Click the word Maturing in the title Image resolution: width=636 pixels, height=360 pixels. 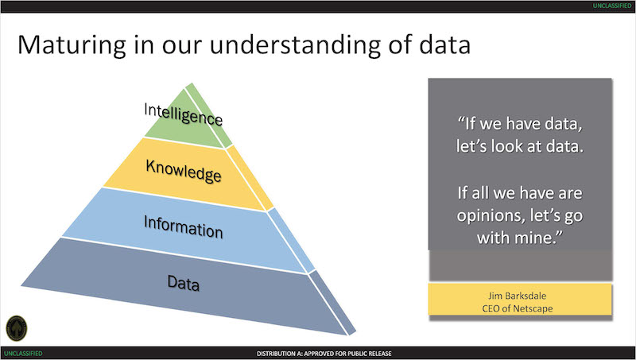pyautogui.click(x=72, y=45)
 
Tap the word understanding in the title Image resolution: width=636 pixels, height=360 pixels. pyautogui.click(x=295, y=45)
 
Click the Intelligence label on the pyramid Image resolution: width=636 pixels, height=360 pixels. pyautogui.click(x=184, y=114)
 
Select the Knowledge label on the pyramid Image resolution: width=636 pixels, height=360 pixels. pyautogui.click(x=184, y=171)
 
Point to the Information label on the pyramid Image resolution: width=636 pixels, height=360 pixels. pyautogui.click(x=184, y=226)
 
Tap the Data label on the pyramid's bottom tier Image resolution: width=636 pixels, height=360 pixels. pyautogui.click(x=184, y=283)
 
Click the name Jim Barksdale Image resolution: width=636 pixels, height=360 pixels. pyautogui.click(x=518, y=296)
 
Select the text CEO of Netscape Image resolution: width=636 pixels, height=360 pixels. pyautogui.click(x=518, y=308)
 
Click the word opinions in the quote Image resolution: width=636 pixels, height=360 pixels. pyautogui.click(x=486, y=216)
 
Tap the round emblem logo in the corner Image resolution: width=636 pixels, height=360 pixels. pyautogui.click(x=17, y=328)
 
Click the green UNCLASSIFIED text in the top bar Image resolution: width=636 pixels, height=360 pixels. pyautogui.click(x=612, y=6)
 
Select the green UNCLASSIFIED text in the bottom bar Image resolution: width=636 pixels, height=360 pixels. pyautogui.click(x=24, y=354)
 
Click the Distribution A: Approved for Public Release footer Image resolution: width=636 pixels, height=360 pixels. pyautogui.click(x=324, y=354)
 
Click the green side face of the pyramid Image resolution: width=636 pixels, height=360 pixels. pyautogui.click(x=209, y=115)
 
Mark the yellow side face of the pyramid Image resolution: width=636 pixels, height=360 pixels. pyautogui.click(x=250, y=178)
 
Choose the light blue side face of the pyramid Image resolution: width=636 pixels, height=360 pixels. pyautogui.click(x=291, y=240)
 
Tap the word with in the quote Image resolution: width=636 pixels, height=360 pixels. pyautogui.click(x=494, y=238)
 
